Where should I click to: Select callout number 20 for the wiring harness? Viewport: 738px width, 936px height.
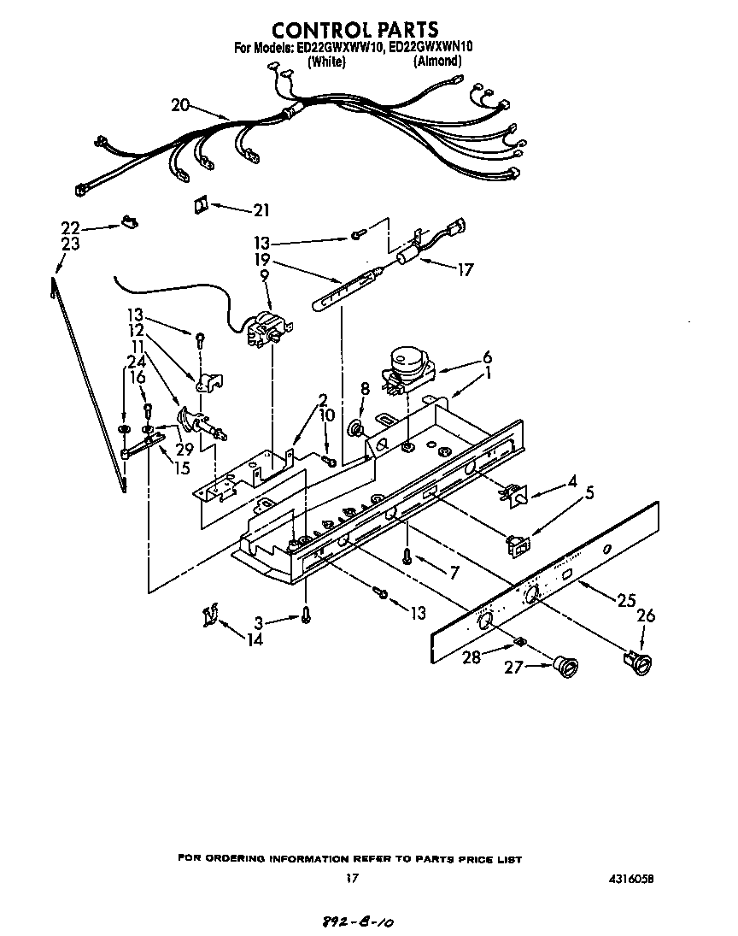[180, 105]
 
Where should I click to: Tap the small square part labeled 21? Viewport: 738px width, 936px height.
[200, 205]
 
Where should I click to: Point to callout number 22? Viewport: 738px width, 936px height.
[70, 227]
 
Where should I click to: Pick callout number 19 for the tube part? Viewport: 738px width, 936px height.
[261, 259]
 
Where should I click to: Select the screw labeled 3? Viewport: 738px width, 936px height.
[305, 615]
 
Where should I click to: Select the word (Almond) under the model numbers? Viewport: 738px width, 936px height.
[437, 62]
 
